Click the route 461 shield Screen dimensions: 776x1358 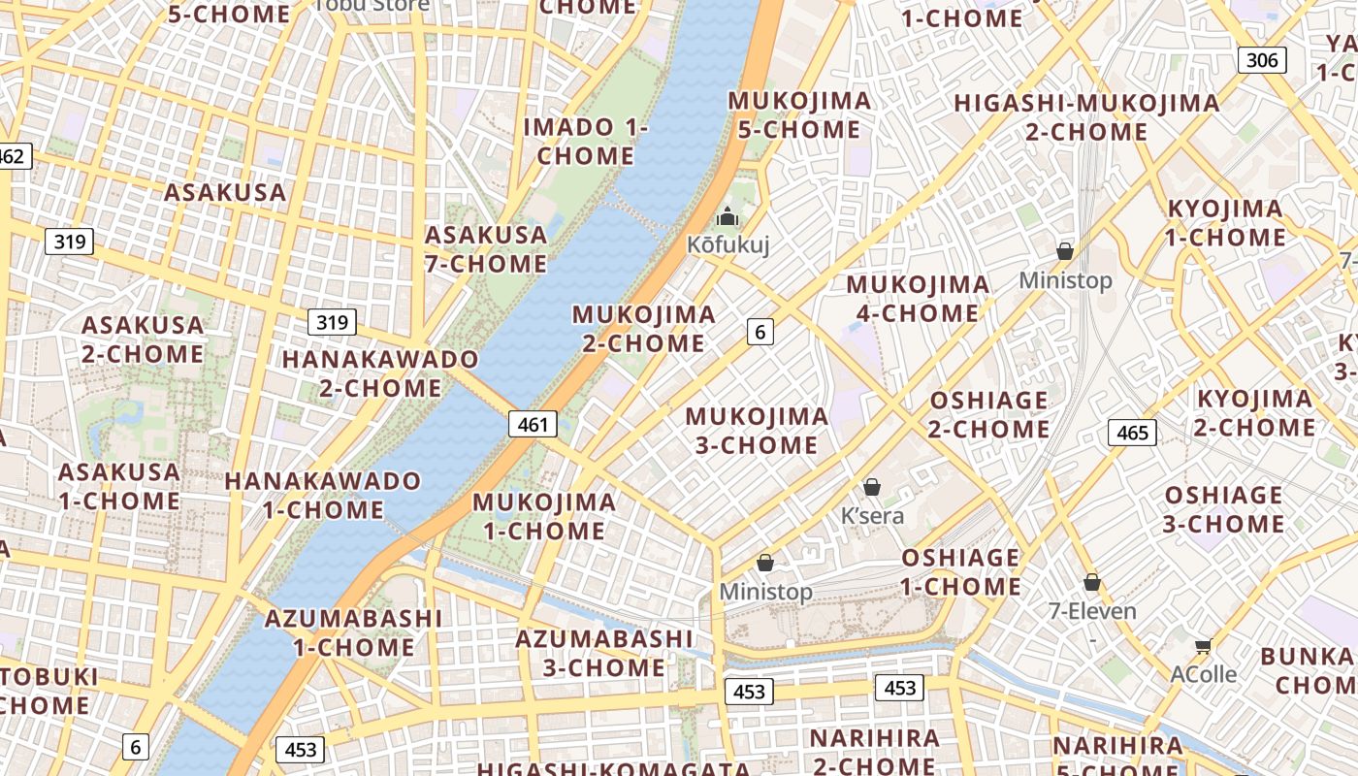point(533,424)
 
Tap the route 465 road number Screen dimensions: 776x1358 point(1132,433)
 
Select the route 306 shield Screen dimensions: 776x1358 point(1261,60)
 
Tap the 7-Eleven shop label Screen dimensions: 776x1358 point(1092,611)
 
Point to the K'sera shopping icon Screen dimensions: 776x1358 point(872,487)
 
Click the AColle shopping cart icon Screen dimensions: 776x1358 point(1203,646)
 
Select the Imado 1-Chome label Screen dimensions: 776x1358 point(586,142)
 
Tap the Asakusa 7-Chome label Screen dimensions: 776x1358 point(486,249)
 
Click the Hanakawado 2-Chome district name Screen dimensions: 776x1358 point(380,373)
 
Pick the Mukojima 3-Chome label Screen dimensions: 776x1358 point(757,431)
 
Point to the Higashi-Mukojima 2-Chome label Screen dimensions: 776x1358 point(1086,117)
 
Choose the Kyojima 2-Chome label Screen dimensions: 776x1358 point(1254,413)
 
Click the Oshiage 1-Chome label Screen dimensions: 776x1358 point(960,572)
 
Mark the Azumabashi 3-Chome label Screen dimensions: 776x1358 point(604,654)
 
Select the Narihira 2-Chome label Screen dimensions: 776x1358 point(875,752)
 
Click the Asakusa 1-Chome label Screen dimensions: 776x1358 point(119,487)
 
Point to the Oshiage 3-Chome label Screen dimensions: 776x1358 point(1224,510)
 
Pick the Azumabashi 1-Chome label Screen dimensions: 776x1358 point(353,632)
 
